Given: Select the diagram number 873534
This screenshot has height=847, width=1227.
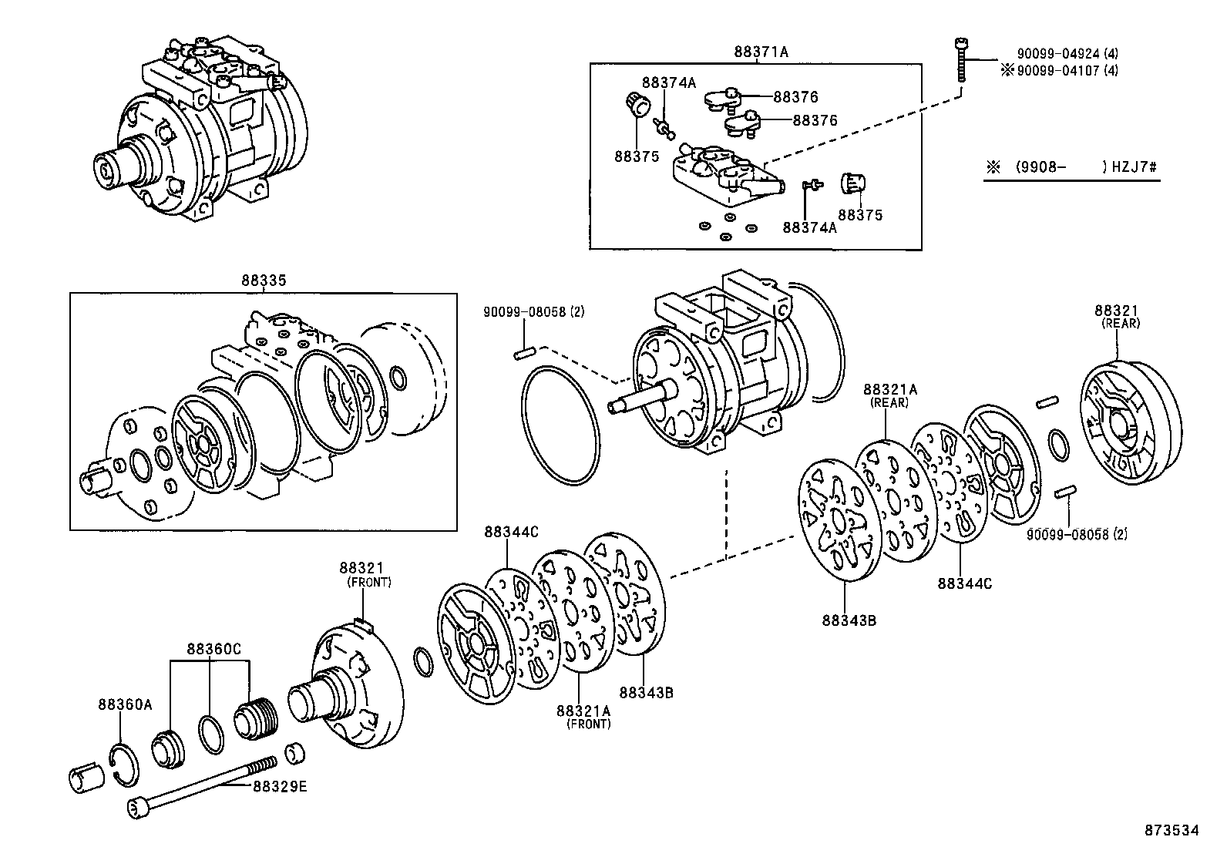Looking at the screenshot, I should [1172, 830].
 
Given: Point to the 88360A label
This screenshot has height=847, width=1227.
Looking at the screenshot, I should [125, 704].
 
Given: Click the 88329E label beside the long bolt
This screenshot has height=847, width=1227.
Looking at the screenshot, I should [279, 786].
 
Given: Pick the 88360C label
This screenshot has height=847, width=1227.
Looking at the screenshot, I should [213, 649].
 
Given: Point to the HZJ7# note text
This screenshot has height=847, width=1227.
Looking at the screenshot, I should [1135, 167].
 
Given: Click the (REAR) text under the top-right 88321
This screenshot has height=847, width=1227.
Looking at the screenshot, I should [1121, 324].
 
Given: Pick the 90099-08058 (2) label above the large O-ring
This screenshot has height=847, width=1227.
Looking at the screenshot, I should [534, 312].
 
